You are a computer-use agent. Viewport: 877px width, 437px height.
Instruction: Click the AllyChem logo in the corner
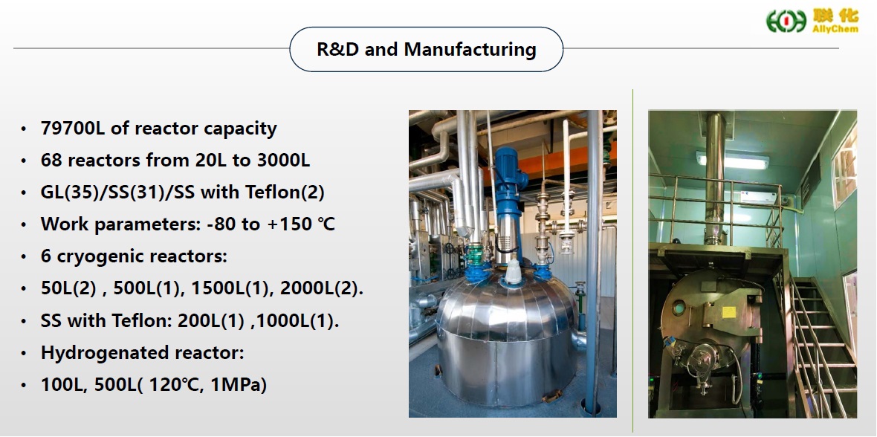pos(812,21)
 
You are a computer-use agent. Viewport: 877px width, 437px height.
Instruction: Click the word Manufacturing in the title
pos(470,49)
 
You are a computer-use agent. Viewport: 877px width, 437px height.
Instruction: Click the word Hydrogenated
pos(96,352)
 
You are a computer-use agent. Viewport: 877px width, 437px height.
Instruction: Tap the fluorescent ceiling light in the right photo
pos(733,160)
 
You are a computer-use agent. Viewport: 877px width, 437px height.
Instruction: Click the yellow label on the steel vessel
pos(729,312)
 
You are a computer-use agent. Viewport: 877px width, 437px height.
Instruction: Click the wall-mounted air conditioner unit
pos(759,197)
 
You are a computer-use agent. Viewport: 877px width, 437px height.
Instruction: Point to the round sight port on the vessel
pos(679,307)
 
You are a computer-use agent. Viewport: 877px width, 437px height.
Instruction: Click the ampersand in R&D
pos(338,49)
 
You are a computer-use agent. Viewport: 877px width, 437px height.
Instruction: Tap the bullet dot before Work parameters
pos(23,225)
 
